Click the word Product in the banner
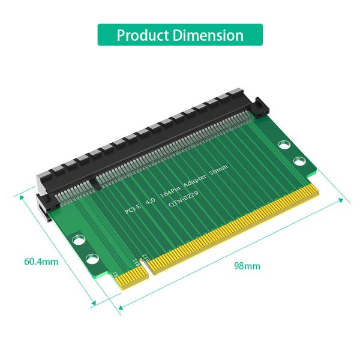143,35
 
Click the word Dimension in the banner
207,35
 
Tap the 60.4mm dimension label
41,262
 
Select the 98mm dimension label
247,265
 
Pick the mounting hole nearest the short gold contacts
92,259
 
